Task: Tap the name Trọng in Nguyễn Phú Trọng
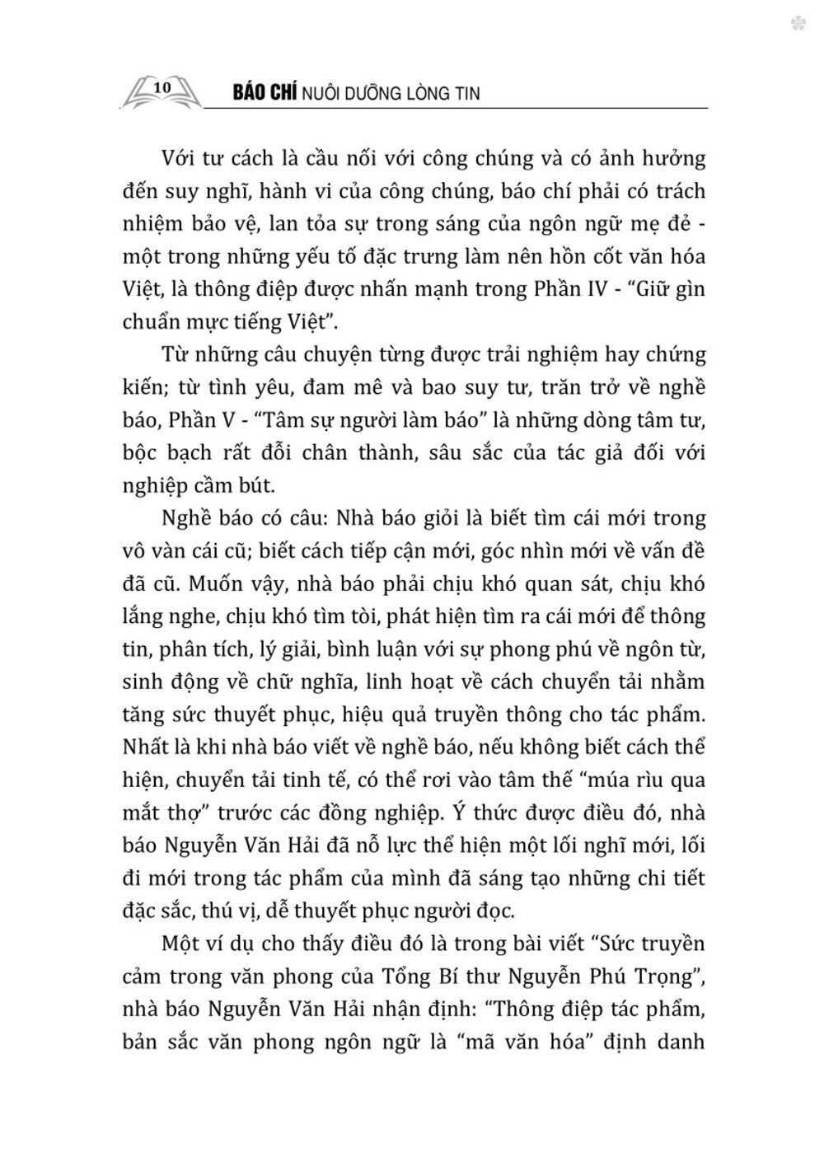click(657, 977)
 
